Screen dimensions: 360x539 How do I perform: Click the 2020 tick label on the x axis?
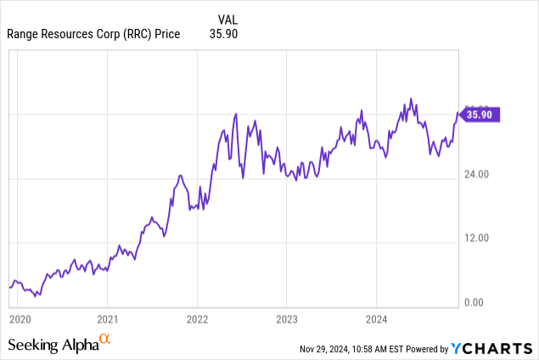[19, 319]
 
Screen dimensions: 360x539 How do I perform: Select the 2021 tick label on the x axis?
[108, 319]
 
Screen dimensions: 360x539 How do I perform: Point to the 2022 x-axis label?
[197, 319]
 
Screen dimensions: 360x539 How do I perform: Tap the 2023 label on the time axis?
[286, 319]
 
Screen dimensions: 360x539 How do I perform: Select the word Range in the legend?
[24, 33]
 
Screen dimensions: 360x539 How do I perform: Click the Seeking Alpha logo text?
[53, 345]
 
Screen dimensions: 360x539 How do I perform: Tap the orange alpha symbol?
[105, 340]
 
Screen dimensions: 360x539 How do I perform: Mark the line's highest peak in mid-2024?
[411, 98]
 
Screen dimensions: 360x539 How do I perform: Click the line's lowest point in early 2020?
[36, 296]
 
